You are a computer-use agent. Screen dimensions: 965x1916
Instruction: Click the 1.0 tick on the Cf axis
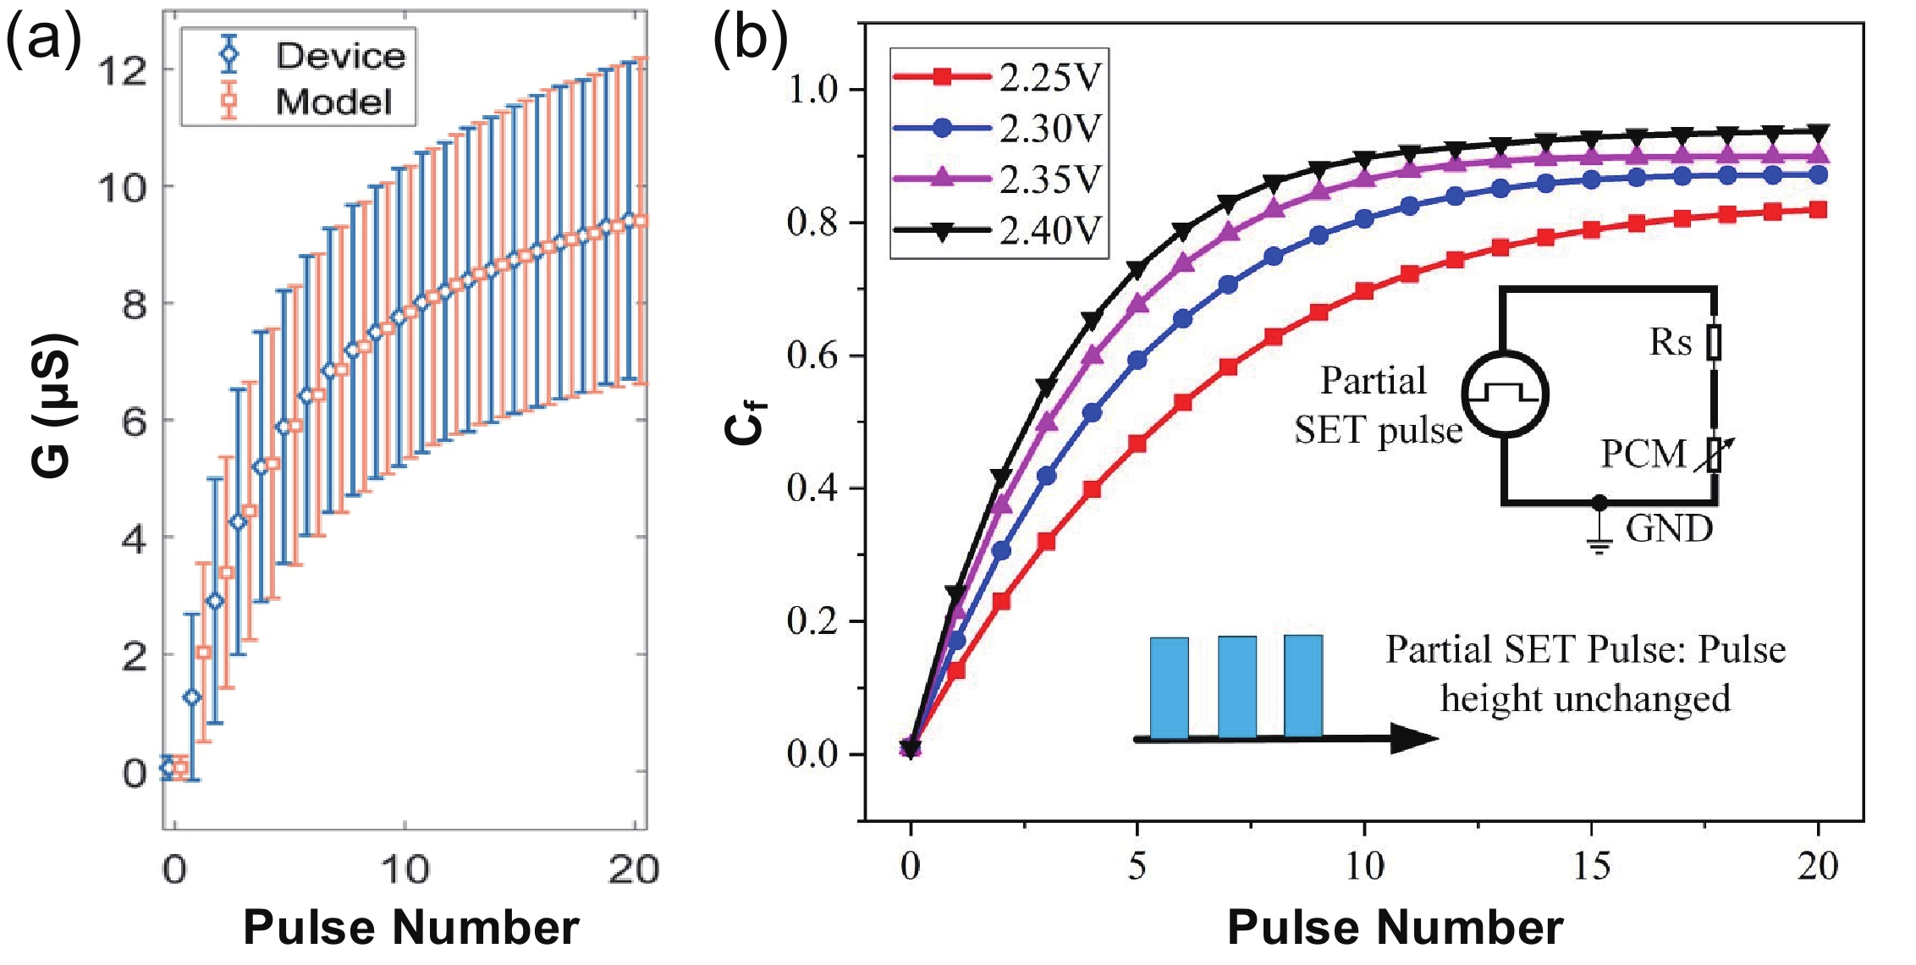point(812,89)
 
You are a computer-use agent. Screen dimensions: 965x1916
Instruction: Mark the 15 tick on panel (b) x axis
point(1592,865)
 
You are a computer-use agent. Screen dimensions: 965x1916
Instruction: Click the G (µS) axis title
point(52,406)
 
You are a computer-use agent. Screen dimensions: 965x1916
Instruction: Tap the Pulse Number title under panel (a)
point(410,927)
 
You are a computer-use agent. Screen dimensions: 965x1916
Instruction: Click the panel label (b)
point(750,38)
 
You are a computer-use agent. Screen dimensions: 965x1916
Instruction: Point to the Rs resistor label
point(1671,342)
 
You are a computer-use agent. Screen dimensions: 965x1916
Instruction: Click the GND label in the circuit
point(1669,529)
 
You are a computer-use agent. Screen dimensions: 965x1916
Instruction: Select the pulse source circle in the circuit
point(1505,394)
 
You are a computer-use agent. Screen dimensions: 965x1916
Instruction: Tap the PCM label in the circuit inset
point(1643,455)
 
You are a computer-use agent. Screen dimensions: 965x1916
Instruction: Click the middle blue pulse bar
point(1236,687)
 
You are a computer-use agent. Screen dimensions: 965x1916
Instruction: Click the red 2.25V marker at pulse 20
point(1817,210)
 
